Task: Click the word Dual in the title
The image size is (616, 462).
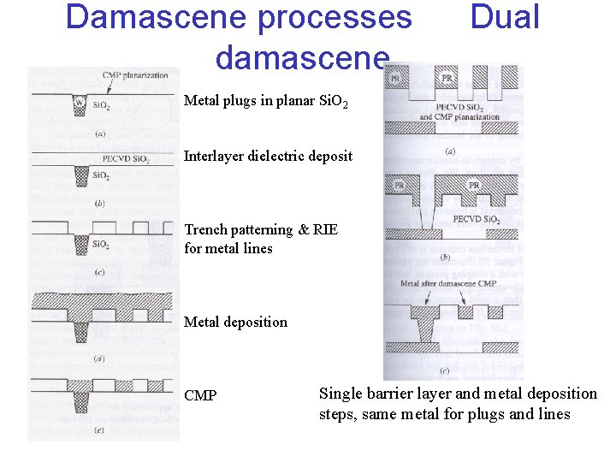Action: click(x=505, y=16)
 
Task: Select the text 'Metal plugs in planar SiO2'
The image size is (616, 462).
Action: click(x=266, y=102)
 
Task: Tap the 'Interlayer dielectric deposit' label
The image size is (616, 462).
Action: click(x=268, y=157)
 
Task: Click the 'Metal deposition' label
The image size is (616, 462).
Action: click(x=235, y=322)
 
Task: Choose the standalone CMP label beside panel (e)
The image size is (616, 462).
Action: click(x=200, y=396)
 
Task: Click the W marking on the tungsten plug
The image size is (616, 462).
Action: click(x=80, y=104)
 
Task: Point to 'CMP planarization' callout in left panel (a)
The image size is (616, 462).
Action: click(x=135, y=76)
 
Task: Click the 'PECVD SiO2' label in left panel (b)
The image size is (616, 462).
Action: click(x=125, y=159)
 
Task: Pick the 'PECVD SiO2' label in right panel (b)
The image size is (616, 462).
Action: click(x=477, y=219)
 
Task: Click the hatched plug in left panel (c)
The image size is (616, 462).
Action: click(x=82, y=243)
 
